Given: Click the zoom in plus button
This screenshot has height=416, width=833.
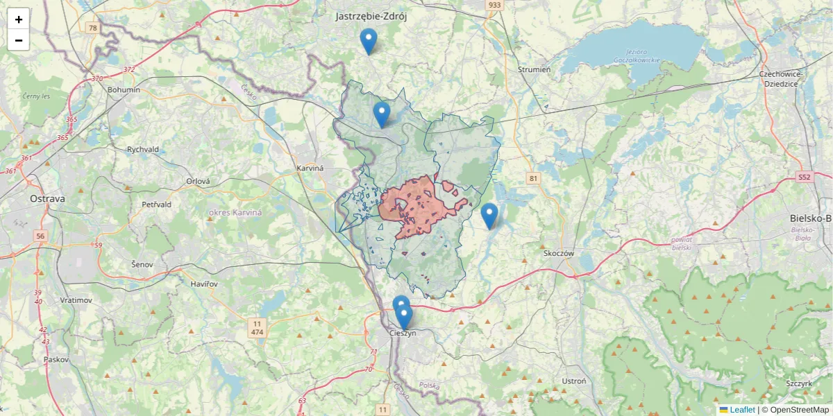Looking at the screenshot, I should [x=19, y=19].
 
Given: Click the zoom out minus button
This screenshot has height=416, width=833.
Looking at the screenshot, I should [x=19, y=40].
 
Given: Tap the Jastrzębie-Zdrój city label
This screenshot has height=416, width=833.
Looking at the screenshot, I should [x=371, y=16].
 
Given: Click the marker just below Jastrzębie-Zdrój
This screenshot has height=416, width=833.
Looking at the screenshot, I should [x=369, y=42].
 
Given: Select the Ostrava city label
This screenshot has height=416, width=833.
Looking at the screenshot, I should [x=47, y=199].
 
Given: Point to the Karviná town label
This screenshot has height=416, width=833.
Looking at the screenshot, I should [x=310, y=168].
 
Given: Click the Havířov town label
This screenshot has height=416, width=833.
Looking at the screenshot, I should [x=209, y=284].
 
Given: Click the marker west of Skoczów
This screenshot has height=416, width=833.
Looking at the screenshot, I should [x=489, y=216].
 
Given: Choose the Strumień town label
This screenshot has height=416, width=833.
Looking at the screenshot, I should [x=535, y=69].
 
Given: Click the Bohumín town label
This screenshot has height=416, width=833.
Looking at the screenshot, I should [x=124, y=89].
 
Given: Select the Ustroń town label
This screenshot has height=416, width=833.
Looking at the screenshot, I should [x=574, y=381].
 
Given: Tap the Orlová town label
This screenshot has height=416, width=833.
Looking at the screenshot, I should [x=198, y=181].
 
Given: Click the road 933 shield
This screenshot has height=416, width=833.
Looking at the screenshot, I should [x=494, y=5].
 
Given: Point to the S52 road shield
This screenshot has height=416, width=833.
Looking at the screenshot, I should [x=804, y=177].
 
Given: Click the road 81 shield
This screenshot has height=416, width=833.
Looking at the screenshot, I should [x=533, y=178].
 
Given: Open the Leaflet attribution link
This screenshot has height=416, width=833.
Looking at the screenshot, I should [x=742, y=410].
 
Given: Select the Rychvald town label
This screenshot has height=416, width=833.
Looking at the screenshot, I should [x=143, y=149].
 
